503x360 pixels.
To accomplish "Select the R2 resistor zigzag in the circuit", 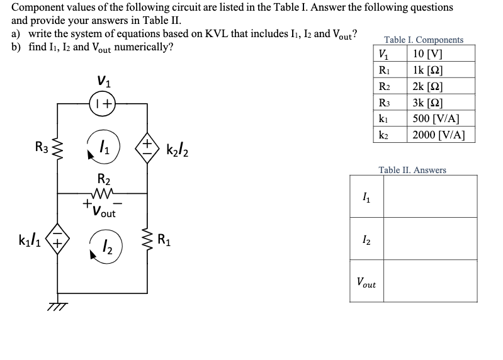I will click(102, 194).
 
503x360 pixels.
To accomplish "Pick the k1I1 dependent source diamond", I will click(59, 240).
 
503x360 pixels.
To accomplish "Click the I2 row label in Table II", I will click(366, 239).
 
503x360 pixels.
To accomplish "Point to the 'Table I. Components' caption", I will click(423, 40).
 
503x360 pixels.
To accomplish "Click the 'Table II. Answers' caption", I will click(412, 170).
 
